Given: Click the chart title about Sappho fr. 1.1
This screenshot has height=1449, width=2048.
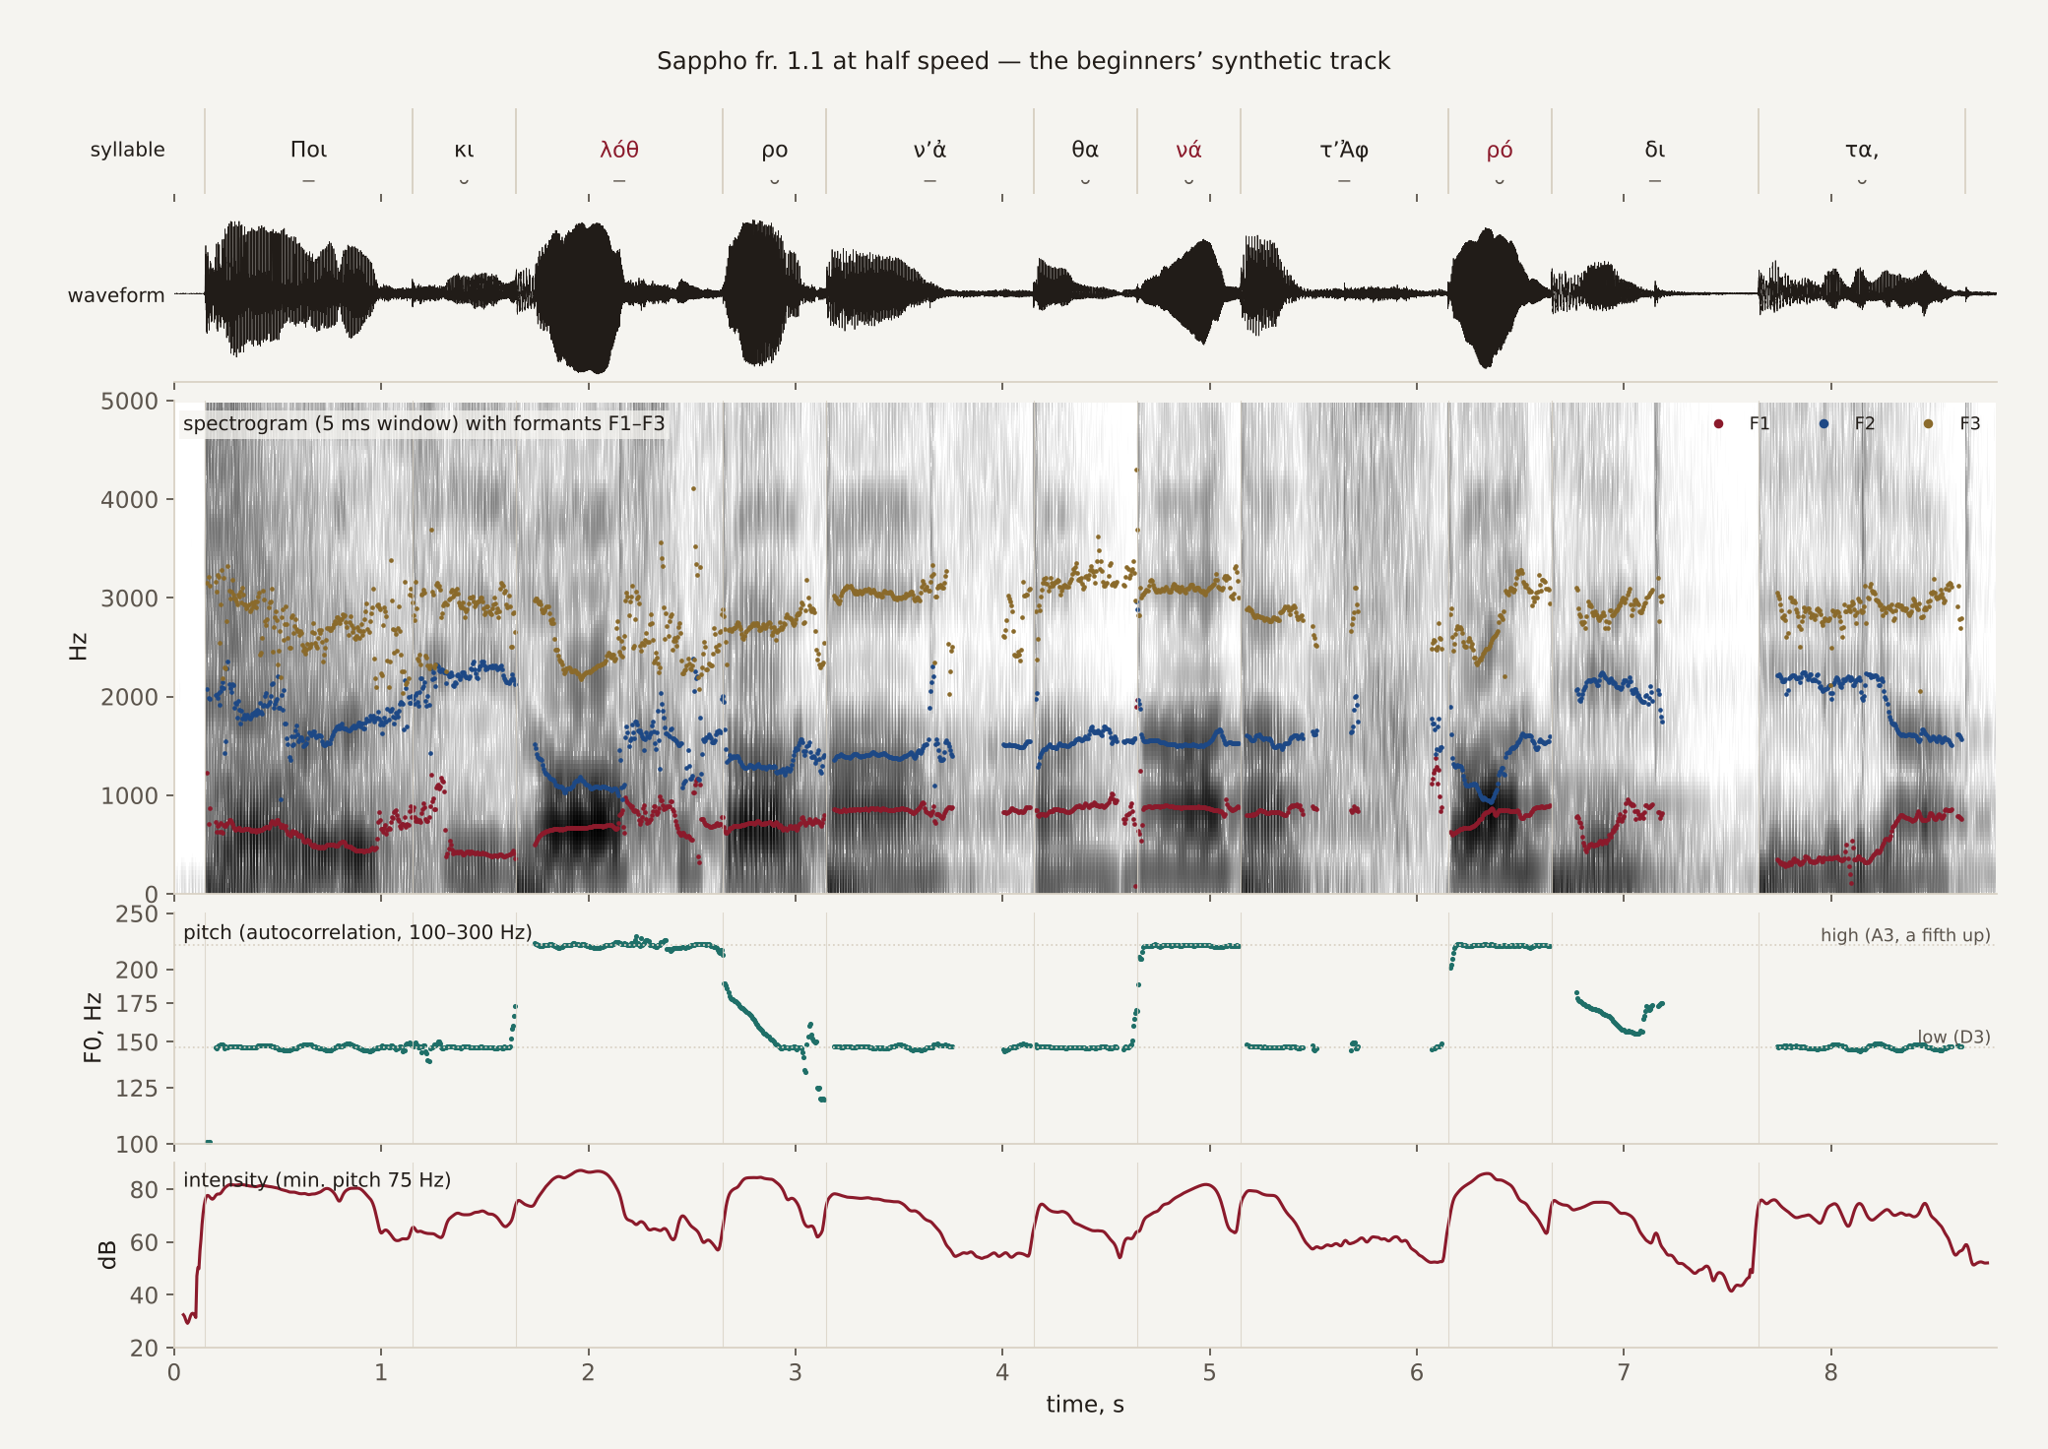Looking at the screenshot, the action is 1023,61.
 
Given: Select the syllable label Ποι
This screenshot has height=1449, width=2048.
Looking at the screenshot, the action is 308,150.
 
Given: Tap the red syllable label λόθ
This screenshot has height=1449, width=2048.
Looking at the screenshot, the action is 619,150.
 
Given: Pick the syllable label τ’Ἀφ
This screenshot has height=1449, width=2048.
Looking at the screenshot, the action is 1344,150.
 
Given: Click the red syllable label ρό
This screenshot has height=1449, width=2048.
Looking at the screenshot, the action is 1500,150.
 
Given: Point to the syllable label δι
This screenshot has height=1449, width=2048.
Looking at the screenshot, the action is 1655,150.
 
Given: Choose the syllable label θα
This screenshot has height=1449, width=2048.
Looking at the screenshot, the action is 1085,150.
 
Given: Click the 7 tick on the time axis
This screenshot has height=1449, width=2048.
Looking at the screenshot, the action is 1624,1372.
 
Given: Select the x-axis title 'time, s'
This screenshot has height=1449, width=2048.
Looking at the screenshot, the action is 1085,1405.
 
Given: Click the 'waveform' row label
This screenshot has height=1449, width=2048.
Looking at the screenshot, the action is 116,295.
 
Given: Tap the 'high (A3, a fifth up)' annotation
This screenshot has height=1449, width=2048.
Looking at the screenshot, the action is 1905,935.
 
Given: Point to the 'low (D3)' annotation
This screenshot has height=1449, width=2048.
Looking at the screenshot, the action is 1953,1038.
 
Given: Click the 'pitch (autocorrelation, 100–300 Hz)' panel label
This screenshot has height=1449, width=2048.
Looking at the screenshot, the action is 357,932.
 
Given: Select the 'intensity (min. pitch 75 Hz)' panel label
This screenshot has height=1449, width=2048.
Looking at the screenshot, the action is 317,1179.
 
